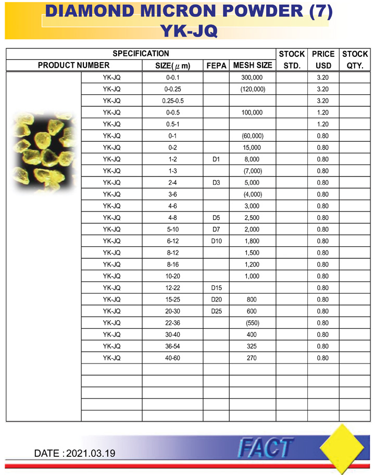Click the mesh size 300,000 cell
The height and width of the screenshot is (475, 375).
[x=252, y=77]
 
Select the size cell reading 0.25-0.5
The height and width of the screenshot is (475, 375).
[x=172, y=101]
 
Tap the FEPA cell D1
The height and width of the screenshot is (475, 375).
[x=216, y=159]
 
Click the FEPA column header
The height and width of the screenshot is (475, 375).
[x=216, y=66]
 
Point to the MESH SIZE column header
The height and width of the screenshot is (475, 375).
[x=252, y=66]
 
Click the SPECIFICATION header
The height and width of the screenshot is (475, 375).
[x=141, y=54]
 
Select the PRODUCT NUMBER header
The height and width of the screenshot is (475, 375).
[x=74, y=66]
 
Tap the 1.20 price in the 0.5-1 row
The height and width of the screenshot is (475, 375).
[x=323, y=124]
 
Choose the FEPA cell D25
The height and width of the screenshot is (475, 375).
[x=216, y=311]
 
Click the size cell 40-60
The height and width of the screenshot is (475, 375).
[x=172, y=358]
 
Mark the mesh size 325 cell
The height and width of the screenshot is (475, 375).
[x=252, y=346]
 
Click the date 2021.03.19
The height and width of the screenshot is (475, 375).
[x=91, y=453]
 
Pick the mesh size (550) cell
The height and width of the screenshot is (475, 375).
[x=252, y=323]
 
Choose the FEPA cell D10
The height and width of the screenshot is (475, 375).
[x=216, y=241]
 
